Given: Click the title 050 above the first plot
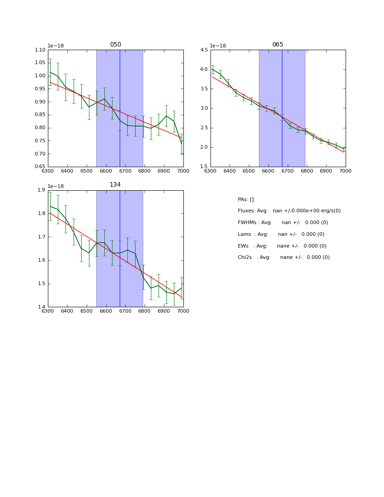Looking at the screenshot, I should (116, 45).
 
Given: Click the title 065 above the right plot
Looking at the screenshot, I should (278, 45).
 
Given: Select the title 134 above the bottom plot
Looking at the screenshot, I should (116, 185).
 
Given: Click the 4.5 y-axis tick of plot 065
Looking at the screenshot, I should (204, 50).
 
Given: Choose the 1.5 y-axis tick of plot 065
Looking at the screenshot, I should (204, 167).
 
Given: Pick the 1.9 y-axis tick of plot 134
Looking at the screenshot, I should (42, 190).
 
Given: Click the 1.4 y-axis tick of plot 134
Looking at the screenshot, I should (42, 307).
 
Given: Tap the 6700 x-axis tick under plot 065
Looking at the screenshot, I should (307, 171).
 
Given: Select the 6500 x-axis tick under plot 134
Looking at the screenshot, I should (86, 311).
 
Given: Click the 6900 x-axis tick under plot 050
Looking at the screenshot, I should (164, 171).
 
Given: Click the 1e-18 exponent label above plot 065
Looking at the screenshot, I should (218, 46).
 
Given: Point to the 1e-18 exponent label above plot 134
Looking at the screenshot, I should (56, 186).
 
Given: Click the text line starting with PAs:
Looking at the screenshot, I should (246, 200).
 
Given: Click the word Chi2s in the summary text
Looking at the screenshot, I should (245, 258).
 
